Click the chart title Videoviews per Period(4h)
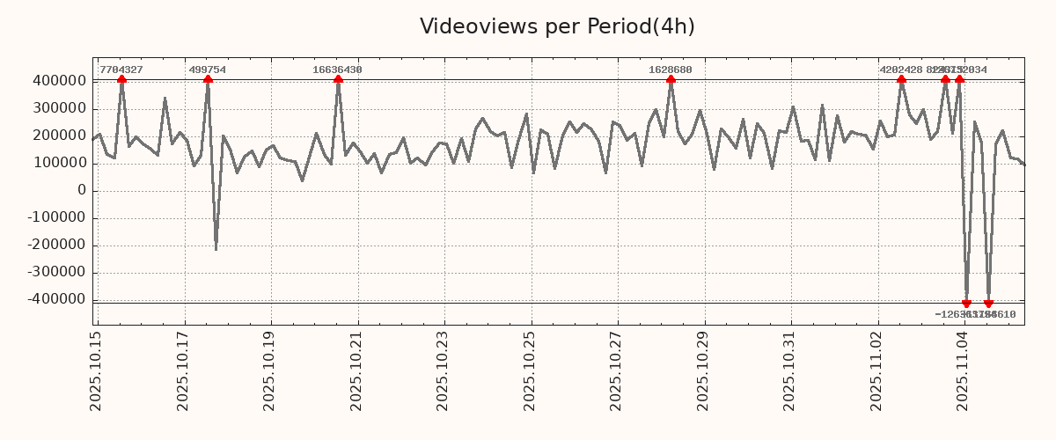(x=557, y=26)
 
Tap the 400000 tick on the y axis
(x=57, y=81)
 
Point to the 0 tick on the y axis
(x=82, y=190)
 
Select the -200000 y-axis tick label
(x=55, y=245)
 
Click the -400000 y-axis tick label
(x=55, y=299)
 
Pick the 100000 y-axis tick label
(x=57, y=163)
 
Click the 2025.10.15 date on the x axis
(x=97, y=370)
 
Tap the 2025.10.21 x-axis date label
(x=357, y=370)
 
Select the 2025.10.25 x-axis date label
(x=531, y=370)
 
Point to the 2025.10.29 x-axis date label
(x=704, y=370)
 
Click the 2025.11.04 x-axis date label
(x=964, y=370)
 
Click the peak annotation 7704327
(x=121, y=70)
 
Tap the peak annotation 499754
(x=208, y=70)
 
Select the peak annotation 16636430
(x=338, y=70)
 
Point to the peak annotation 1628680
(x=671, y=70)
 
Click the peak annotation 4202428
(x=901, y=70)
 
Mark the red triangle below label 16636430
(x=338, y=79)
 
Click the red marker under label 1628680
(x=671, y=79)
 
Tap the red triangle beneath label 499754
(x=208, y=79)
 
